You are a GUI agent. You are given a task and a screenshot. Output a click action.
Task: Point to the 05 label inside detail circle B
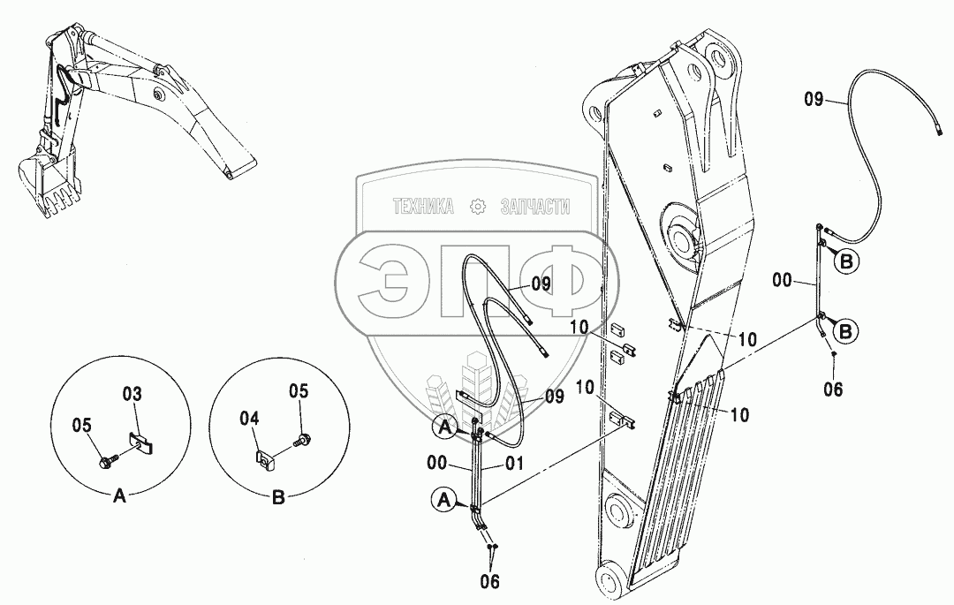coord(299,391)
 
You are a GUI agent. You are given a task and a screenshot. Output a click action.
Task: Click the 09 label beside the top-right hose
coord(814,101)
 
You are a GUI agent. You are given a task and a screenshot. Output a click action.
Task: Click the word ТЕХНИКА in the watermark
coord(424,207)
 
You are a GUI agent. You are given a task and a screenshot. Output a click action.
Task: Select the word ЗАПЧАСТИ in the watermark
coord(535,207)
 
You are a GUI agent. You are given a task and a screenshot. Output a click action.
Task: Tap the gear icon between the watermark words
coord(478,207)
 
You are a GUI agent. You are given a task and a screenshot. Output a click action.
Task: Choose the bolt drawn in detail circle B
coord(303,438)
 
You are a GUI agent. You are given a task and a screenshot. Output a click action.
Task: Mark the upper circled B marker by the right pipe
coord(846,261)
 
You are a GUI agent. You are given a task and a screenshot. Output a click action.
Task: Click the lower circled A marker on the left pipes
coord(443,501)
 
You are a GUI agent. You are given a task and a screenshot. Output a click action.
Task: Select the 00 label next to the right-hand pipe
coord(781,283)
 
